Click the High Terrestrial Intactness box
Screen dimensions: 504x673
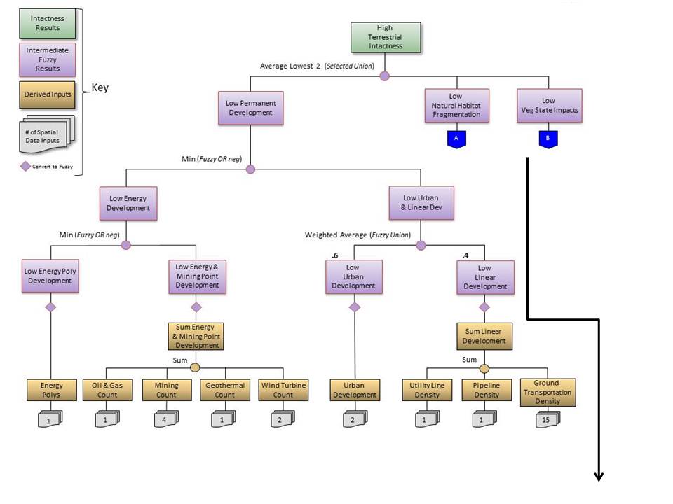pos(386,37)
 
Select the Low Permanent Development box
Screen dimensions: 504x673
pos(250,107)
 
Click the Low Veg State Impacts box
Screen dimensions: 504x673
pos(549,105)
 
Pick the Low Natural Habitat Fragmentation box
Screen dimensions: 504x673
pos(456,105)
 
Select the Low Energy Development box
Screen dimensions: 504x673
pos(128,203)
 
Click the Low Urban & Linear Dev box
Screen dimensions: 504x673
pos(421,203)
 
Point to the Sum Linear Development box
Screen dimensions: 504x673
pos(484,336)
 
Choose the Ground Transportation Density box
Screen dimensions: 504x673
pos(548,393)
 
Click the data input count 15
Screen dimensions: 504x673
pos(546,419)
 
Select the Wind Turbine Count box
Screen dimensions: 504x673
pos(283,390)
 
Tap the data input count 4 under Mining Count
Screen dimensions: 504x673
pos(165,419)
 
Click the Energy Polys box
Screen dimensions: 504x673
pos(51,390)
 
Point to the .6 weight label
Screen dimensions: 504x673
pos(335,256)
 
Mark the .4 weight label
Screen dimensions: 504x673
pos(466,256)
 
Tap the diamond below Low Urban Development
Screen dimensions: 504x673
pos(355,307)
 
